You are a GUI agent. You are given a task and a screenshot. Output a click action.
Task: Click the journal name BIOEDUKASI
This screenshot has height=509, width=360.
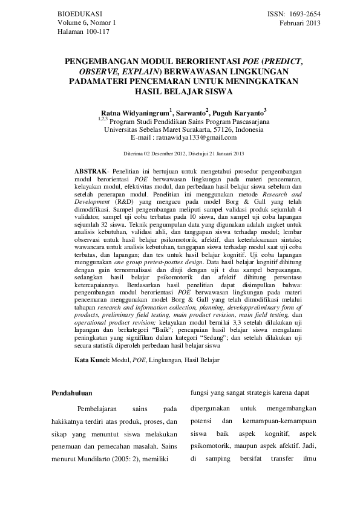(x=79, y=13)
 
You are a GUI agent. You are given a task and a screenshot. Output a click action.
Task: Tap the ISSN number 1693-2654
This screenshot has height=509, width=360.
(x=306, y=13)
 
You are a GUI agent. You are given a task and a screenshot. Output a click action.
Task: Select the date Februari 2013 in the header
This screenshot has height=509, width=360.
(x=300, y=23)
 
